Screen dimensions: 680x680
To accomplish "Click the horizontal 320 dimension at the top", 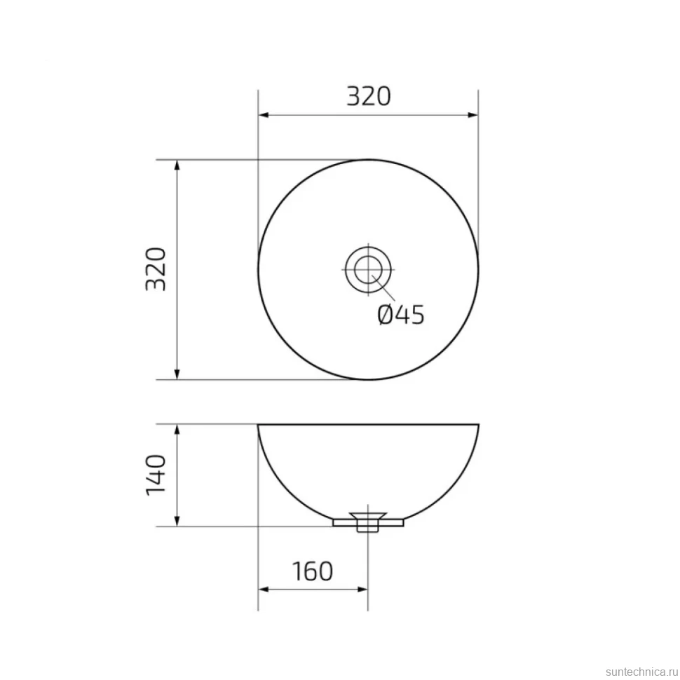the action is pyautogui.click(x=369, y=96).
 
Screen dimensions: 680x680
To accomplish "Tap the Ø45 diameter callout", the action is pyautogui.click(x=401, y=315).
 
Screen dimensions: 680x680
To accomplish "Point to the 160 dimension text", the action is pyautogui.click(x=313, y=571).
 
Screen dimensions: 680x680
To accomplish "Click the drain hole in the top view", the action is pyautogui.click(x=368, y=269).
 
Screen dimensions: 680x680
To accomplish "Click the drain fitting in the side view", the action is pyautogui.click(x=368, y=522).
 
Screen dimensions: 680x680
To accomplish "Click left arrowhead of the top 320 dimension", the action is pyautogui.click(x=264, y=115).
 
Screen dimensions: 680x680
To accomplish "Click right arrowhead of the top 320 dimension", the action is pyautogui.click(x=472, y=115).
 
